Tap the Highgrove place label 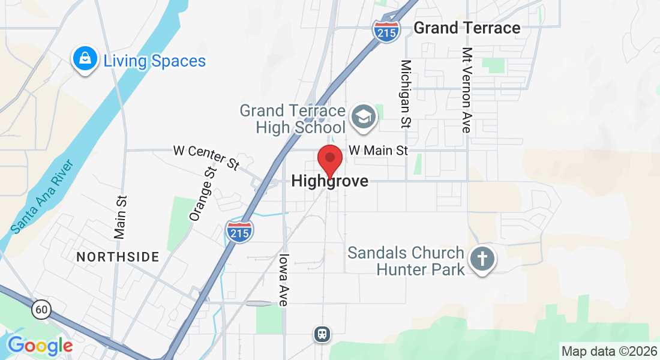329,181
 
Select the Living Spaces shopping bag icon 86,59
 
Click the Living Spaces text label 154,61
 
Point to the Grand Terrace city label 467,28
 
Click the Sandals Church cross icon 483,259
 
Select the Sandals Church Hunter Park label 406,261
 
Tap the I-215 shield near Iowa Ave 240,231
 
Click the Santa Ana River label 41,196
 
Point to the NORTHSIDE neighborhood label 118,257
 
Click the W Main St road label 378,150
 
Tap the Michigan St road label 406,94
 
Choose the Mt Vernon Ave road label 466,90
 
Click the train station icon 323,334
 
